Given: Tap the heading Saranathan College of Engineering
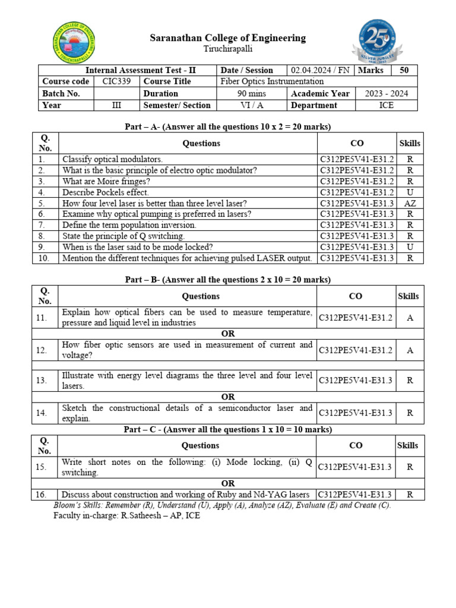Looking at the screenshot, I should pyautogui.click(x=228, y=38).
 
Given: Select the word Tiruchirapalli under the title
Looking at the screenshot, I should pyautogui.click(x=228, y=49).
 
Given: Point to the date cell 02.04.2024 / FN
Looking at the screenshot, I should pyautogui.click(x=319, y=70).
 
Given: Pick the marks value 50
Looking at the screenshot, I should pyautogui.click(x=404, y=70).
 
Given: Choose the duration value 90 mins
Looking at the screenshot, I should pyautogui.click(x=252, y=93).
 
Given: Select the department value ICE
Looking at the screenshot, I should pyautogui.click(x=386, y=105).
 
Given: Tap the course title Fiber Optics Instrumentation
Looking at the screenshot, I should pyautogui.click(x=272, y=81).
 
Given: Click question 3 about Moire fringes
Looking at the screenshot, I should pyautogui.click(x=106, y=181).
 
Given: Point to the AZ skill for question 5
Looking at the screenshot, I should pyautogui.click(x=410, y=203).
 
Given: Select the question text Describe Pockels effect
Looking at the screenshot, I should pyautogui.click(x=106, y=192).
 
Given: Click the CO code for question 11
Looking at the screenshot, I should pyautogui.click(x=356, y=318).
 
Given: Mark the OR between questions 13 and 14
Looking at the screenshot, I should pyautogui.click(x=228, y=397).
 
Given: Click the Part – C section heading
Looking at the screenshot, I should pyautogui.click(x=228, y=429).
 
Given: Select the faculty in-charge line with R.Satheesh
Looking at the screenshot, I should pyautogui.click(x=127, y=516).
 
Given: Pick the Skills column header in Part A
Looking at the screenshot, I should pyautogui.click(x=410, y=143).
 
